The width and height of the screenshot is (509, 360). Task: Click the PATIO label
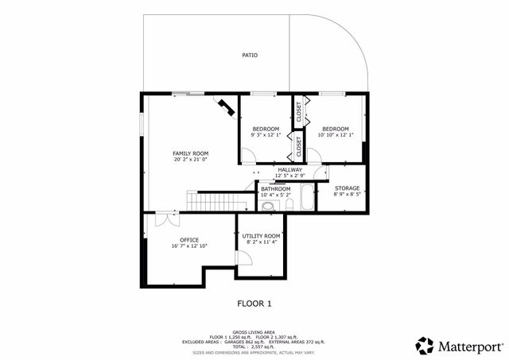coord(250,56)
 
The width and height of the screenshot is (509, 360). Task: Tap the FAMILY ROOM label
coord(190,153)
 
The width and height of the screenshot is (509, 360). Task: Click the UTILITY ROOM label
coord(262,236)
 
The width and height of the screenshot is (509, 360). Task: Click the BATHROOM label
coord(276,189)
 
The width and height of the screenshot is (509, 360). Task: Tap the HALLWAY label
coord(289,170)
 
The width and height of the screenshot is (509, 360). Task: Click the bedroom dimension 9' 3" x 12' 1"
coord(266,134)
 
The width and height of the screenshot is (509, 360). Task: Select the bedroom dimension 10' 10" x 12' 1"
coord(335,134)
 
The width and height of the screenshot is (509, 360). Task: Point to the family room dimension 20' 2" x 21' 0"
coord(190,160)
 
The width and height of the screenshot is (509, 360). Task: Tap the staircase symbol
coord(212,201)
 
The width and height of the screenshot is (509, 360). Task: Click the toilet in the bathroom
coord(269,206)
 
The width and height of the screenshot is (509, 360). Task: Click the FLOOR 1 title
coord(254,303)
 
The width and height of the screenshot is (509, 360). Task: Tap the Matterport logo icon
coord(425,345)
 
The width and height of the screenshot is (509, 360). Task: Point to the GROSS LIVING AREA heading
coord(253,333)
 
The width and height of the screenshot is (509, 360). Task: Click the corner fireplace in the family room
coord(226,106)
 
